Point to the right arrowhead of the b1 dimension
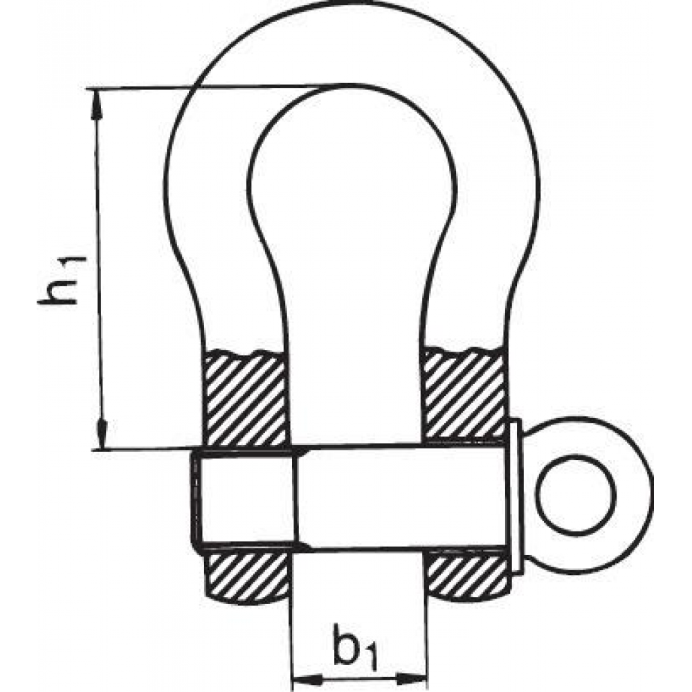[412, 678]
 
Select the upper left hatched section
[246, 397]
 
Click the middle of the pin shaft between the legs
[358, 498]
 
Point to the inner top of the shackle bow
[349, 84]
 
